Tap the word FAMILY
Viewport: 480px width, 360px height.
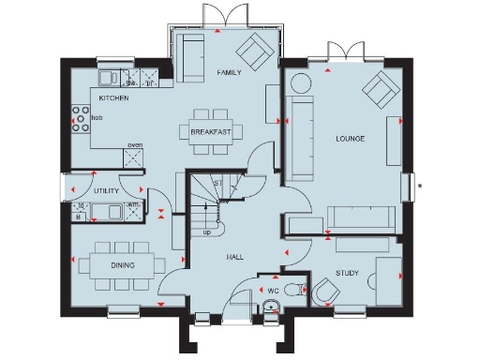click(230, 72)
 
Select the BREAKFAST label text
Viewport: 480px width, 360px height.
click(212, 132)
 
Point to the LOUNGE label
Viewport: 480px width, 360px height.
click(351, 139)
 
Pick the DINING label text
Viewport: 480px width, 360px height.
click(121, 266)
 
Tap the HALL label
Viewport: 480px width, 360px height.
click(234, 255)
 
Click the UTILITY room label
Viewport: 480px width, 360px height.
click(106, 190)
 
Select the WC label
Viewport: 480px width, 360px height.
click(274, 291)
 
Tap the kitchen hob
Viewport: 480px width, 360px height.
click(76, 118)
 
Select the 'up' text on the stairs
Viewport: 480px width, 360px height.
click(206, 231)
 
